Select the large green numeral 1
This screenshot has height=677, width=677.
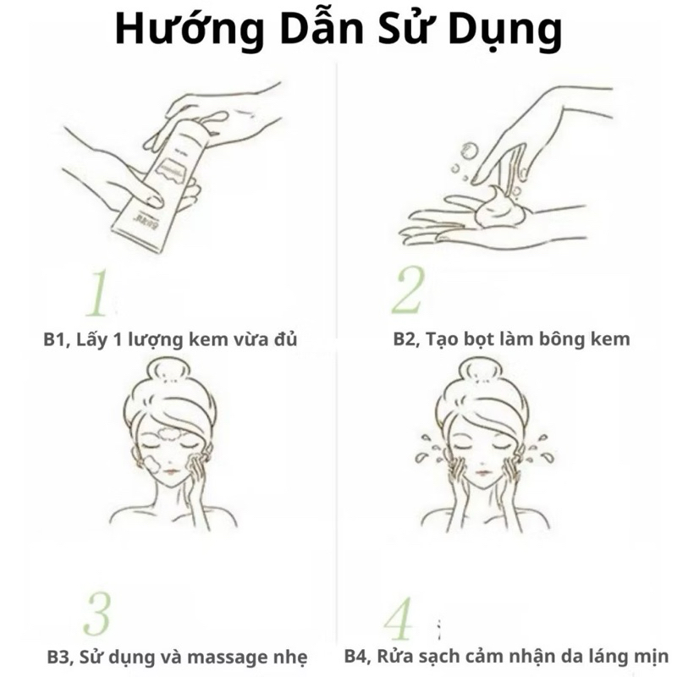click(x=97, y=293)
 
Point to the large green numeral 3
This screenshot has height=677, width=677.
click(x=97, y=614)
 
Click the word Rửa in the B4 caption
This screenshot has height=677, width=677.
click(x=397, y=656)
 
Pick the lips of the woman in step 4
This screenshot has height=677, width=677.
click(x=482, y=471)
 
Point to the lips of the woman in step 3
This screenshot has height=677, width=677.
click(x=171, y=471)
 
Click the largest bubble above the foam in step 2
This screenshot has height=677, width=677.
click(x=468, y=151)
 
